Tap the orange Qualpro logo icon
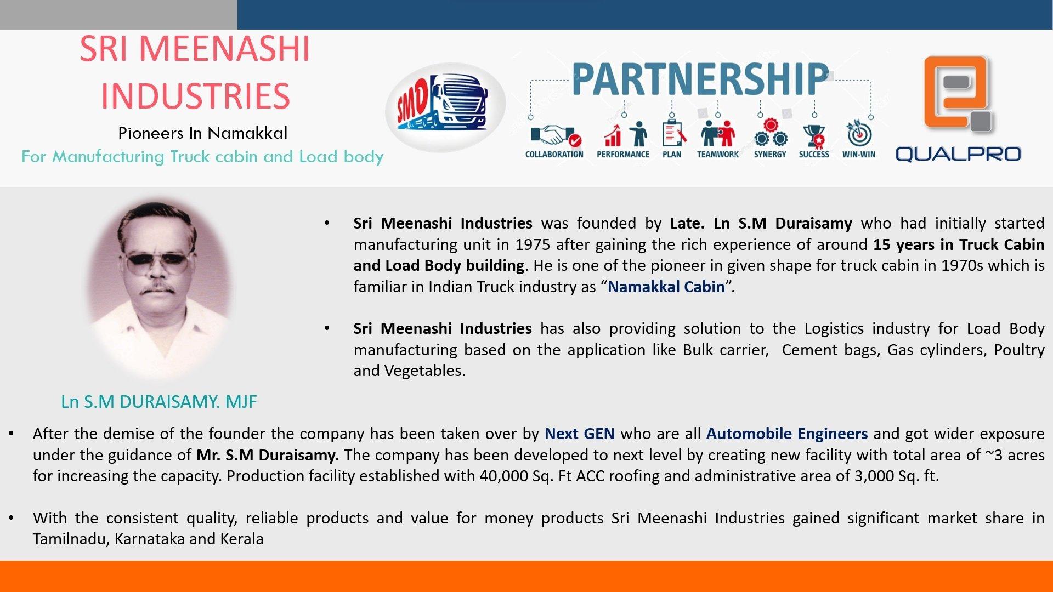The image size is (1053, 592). click(958, 93)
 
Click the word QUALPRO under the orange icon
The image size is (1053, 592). click(958, 154)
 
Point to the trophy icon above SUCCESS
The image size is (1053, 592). click(814, 135)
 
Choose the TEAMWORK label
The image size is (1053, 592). click(717, 155)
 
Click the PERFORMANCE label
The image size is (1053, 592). click(623, 155)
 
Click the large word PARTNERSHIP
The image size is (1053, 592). click(700, 79)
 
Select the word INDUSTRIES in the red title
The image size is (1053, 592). click(195, 96)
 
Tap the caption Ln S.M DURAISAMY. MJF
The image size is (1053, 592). click(158, 402)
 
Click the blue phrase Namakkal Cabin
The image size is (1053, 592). click(666, 287)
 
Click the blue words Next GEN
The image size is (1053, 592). click(579, 434)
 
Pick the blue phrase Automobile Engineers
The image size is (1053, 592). click(786, 434)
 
